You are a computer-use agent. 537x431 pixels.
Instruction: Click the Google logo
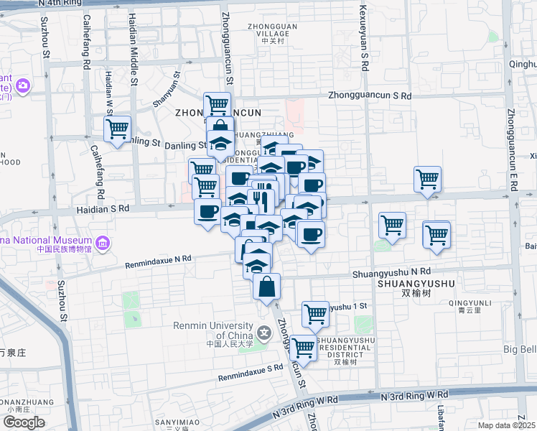24,422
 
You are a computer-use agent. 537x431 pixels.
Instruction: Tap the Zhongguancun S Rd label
370,96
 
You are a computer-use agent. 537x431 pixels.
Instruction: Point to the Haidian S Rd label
103,209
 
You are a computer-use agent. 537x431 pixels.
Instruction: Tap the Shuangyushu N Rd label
391,272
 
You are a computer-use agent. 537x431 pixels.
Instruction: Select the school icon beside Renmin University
265,332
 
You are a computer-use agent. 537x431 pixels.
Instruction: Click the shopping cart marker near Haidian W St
117,129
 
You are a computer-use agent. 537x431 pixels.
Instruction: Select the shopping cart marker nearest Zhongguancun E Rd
436,234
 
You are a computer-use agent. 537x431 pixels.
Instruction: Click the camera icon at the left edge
23,85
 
